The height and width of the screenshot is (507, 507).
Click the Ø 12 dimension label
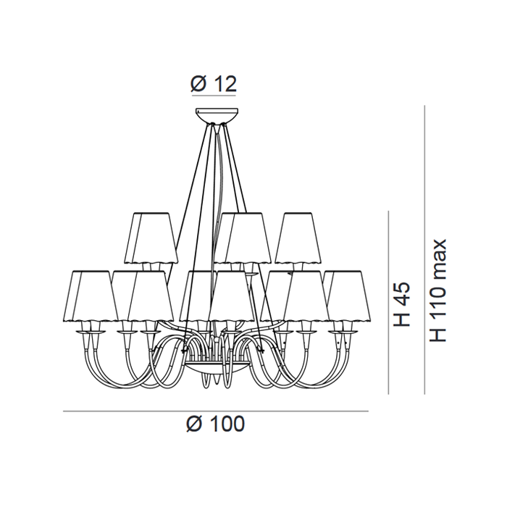pos(214,84)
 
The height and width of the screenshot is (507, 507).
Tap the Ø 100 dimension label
pos(215,424)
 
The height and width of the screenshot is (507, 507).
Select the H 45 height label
pos(401,304)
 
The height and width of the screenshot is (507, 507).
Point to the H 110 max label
pos(438,290)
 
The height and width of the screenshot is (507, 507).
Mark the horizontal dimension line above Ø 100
pos(216,411)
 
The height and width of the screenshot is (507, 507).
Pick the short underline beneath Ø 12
pos(214,96)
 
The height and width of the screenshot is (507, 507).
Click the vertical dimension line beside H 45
pos(388,303)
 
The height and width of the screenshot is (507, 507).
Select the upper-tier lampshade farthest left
pos(151,238)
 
